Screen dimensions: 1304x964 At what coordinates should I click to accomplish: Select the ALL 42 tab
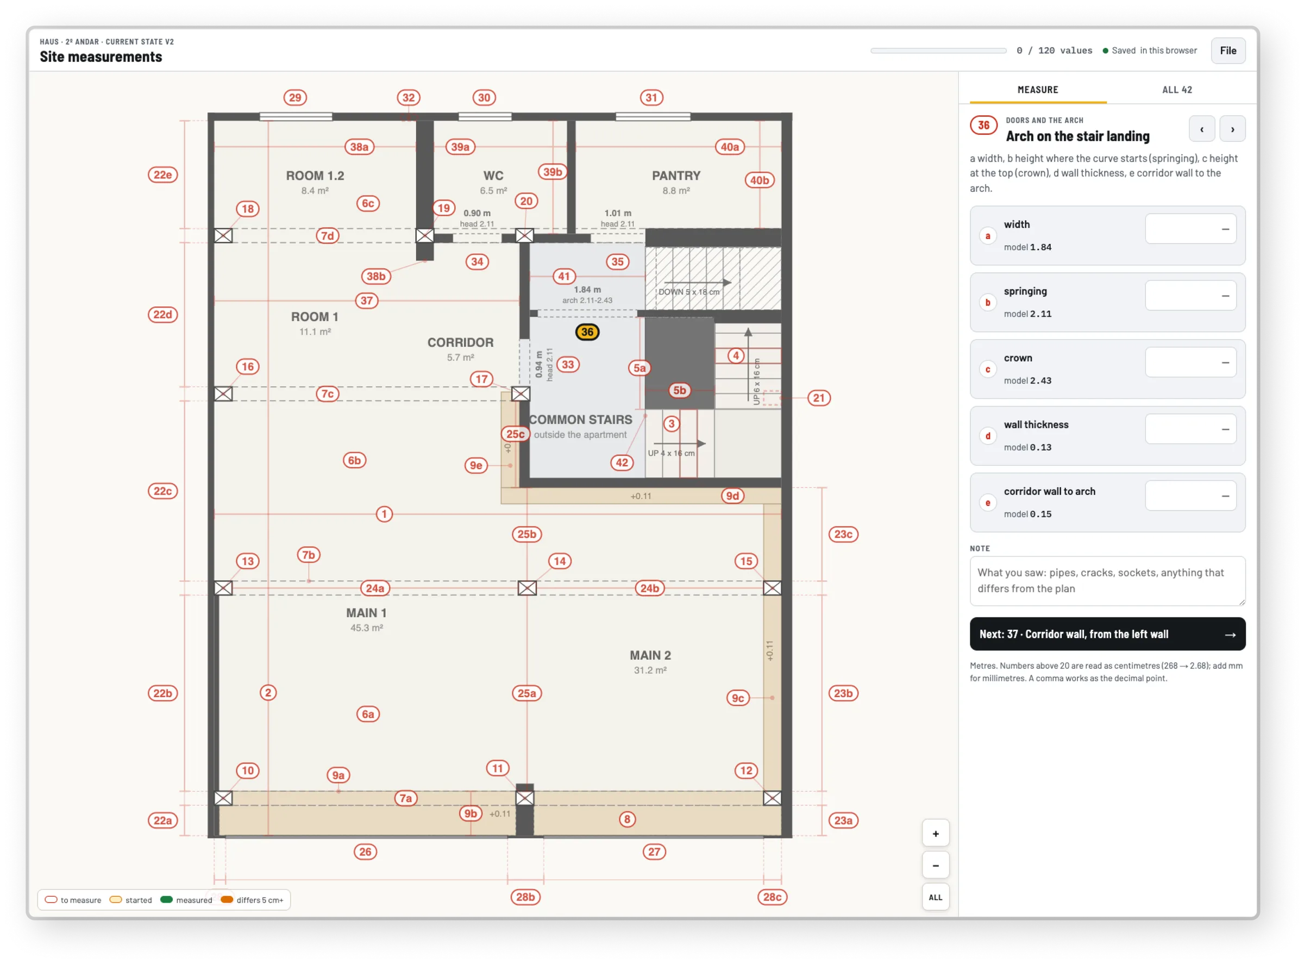(1176, 90)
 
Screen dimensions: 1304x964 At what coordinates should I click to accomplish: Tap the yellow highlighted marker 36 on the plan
(587, 332)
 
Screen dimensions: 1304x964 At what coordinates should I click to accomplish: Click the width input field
(1190, 229)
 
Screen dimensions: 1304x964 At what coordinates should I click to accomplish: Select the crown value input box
(1190, 362)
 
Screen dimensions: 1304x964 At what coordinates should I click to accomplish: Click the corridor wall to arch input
(1190, 496)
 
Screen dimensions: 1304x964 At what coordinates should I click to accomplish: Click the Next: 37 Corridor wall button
(1107, 634)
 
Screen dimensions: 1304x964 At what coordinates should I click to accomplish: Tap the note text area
(1107, 580)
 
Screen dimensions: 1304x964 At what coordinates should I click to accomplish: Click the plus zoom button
(935, 833)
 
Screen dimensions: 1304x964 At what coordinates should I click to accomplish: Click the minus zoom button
(935, 866)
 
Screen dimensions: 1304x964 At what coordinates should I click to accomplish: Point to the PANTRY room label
(675, 176)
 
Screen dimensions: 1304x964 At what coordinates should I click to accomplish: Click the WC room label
(493, 176)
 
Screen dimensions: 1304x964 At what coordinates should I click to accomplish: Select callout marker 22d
(162, 315)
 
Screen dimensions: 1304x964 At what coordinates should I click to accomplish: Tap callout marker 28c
(772, 897)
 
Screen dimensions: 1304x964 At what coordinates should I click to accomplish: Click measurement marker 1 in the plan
(384, 514)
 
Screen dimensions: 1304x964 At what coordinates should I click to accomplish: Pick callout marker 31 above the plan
(651, 97)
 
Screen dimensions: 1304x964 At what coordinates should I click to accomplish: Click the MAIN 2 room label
(650, 655)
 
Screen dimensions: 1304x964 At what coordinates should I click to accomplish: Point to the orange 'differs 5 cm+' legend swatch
(227, 899)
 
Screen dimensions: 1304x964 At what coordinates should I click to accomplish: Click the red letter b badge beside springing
(987, 302)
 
